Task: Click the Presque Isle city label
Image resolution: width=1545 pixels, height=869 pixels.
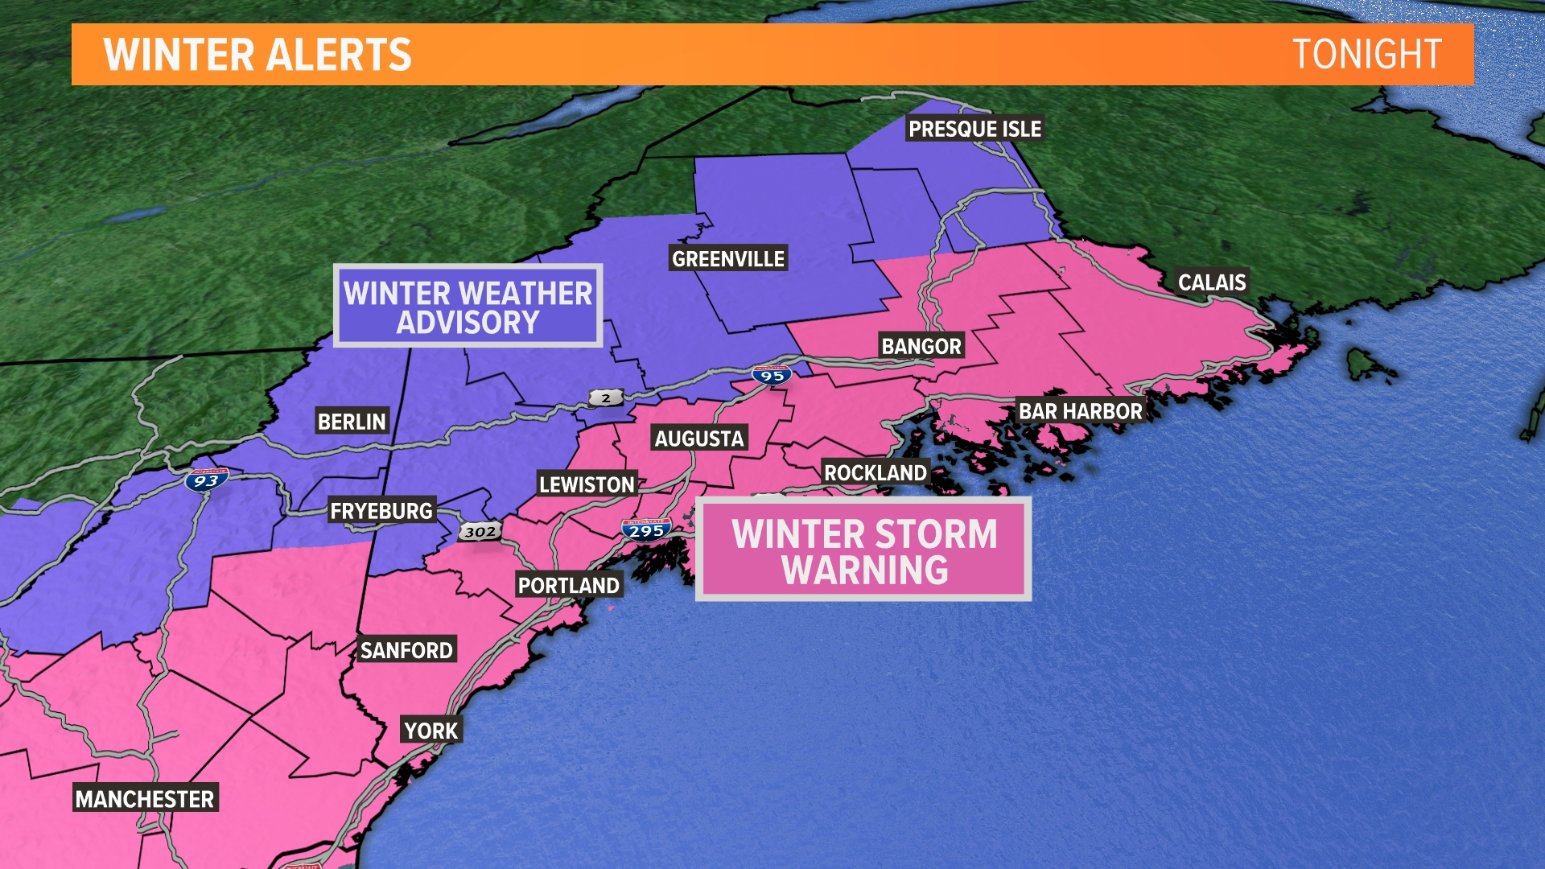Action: coord(974,129)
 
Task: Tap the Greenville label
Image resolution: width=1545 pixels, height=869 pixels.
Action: coord(728,258)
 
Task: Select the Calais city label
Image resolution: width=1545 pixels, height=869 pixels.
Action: coord(1212,282)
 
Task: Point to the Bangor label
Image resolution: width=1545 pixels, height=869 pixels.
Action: coord(921,346)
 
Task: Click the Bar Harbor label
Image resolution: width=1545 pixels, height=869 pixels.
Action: coord(1080,411)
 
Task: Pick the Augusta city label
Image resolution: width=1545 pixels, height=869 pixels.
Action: coord(699,439)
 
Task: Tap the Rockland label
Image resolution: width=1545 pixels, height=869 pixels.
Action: coord(875,472)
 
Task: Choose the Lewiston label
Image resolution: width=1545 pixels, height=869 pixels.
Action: coord(587,484)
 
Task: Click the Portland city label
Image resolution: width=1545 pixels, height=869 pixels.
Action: coord(568,585)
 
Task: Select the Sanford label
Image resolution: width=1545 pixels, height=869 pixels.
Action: coord(406,650)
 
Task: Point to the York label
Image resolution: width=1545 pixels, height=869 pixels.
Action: coord(431,731)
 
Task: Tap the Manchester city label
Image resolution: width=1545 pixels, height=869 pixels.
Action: coord(145,799)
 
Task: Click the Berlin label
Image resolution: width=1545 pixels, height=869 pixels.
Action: coord(352,422)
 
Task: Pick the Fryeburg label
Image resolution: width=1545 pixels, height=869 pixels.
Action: coord(381,511)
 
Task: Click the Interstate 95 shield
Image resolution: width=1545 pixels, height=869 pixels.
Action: coord(772,375)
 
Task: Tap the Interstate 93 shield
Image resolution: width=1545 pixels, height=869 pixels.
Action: coord(206,480)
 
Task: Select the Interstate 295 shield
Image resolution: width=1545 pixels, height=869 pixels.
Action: coord(646,530)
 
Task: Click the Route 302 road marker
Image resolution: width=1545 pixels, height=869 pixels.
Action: coord(480,531)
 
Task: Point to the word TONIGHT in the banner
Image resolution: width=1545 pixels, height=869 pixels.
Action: coord(1366,55)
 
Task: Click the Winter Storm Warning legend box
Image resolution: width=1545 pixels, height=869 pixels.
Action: coord(863,550)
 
